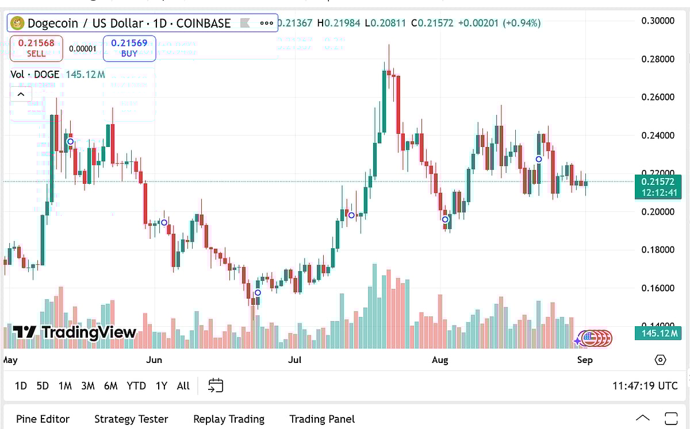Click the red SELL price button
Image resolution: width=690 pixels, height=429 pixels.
pyautogui.click(x=36, y=48)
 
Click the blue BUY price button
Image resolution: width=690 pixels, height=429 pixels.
pyautogui.click(x=129, y=48)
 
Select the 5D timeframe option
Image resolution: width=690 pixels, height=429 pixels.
pyautogui.click(x=43, y=386)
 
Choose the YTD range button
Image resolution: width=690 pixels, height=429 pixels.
pyautogui.click(x=136, y=386)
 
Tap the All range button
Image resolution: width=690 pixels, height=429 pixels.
pyautogui.click(x=183, y=386)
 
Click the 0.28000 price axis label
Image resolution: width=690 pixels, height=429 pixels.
pyautogui.click(x=658, y=59)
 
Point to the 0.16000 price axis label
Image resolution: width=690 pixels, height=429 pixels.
pyautogui.click(x=658, y=288)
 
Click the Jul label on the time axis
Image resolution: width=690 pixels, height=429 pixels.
pyautogui.click(x=294, y=360)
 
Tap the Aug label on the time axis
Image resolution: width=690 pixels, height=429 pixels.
pyautogui.click(x=440, y=360)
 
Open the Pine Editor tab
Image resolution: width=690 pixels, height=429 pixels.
pyautogui.click(x=43, y=419)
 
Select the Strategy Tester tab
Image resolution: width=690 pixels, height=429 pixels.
pyautogui.click(x=131, y=419)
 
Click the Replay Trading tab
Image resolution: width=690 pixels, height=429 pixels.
pyautogui.click(x=229, y=419)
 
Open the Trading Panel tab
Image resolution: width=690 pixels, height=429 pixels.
pyautogui.click(x=322, y=419)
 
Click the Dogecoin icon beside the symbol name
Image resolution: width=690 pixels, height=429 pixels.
pyautogui.click(x=17, y=23)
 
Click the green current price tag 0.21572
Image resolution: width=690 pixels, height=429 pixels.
pyautogui.click(x=658, y=187)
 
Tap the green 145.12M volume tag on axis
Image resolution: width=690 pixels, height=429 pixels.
pyautogui.click(x=658, y=333)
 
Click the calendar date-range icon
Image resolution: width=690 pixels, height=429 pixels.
pyautogui.click(x=216, y=385)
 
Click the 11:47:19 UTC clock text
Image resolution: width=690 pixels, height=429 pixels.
pyautogui.click(x=645, y=386)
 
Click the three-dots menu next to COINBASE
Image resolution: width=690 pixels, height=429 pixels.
pyautogui.click(x=267, y=23)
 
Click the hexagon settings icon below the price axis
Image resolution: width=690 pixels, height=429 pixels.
pyautogui.click(x=660, y=360)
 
